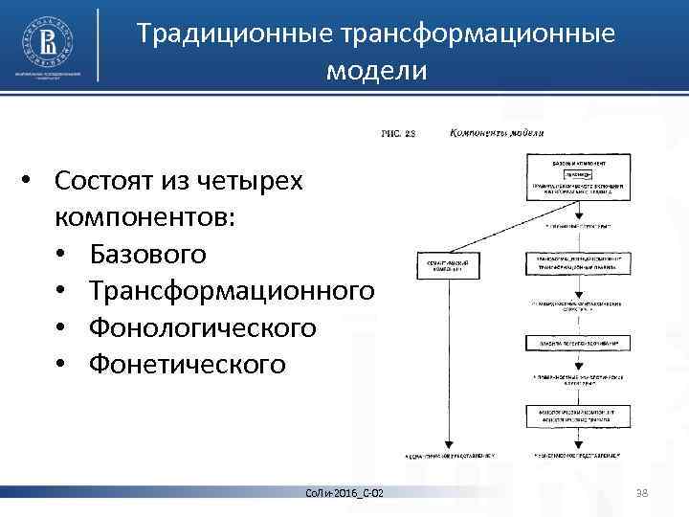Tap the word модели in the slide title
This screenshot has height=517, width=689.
(375, 71)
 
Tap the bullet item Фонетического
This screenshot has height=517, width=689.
(187, 364)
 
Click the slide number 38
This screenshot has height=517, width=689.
(642, 492)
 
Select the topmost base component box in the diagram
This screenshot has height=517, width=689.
(577, 178)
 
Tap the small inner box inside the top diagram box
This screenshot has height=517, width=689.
(577, 174)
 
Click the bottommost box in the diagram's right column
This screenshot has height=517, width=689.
(577, 416)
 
